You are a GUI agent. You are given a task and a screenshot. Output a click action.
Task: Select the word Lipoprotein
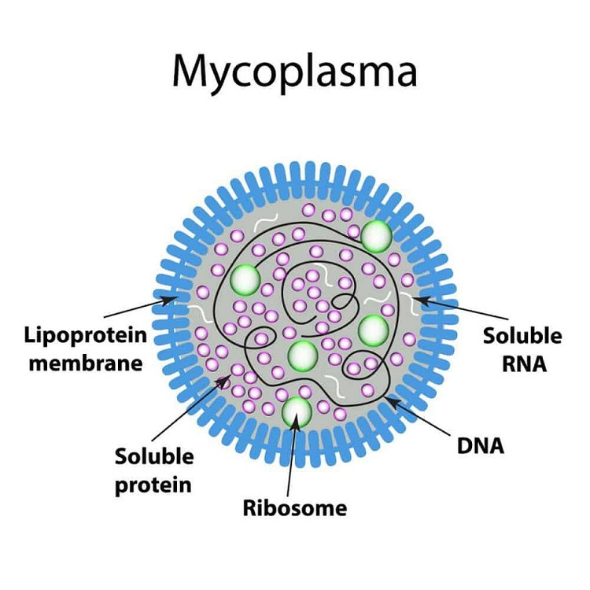84,335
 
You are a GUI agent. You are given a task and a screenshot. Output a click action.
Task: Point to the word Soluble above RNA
522,336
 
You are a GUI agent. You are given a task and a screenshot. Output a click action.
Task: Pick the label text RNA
522,363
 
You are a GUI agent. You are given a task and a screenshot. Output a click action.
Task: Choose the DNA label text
481,446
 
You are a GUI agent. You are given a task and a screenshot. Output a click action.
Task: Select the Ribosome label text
295,507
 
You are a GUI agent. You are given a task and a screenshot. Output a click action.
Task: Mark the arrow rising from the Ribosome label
293,456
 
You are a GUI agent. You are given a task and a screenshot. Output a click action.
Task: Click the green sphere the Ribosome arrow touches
296,411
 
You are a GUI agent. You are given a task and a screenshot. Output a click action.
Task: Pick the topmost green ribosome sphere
377,234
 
